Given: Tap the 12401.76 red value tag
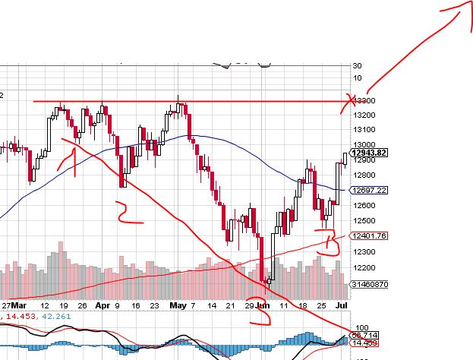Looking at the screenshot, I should pyautogui.click(x=370, y=236).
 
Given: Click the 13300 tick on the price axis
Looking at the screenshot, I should pyautogui.click(x=364, y=100).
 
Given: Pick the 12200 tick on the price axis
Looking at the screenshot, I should pyautogui.click(x=364, y=267).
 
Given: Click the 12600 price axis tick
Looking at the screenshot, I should pyautogui.click(x=364, y=205).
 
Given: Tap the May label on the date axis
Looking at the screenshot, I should pyautogui.click(x=178, y=305).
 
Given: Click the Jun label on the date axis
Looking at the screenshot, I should pyautogui.click(x=262, y=305).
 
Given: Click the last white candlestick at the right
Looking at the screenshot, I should pyautogui.click(x=345, y=158).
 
